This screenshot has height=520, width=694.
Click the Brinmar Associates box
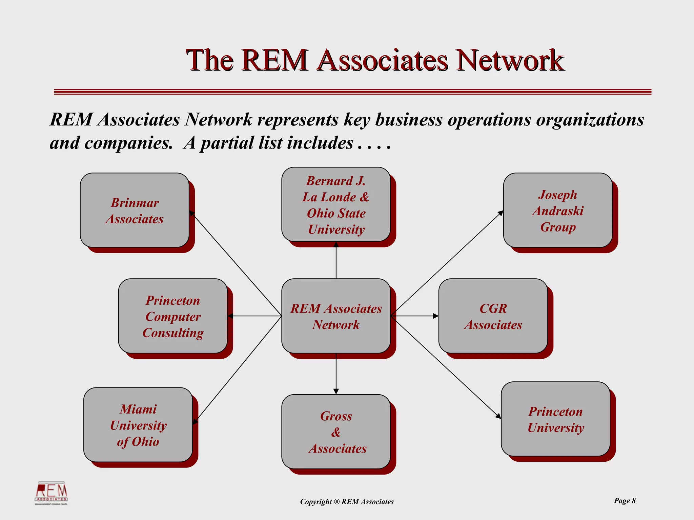[135, 210]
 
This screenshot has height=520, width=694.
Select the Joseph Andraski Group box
[557, 210]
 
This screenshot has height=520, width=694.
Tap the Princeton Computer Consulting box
[173, 316]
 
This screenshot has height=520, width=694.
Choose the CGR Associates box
[493, 316]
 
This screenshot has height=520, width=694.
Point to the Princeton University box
[555, 419]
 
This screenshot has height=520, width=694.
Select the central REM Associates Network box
[336, 316]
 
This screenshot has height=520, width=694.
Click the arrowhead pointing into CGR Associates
[436, 316]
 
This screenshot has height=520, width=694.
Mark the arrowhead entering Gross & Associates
[336, 392]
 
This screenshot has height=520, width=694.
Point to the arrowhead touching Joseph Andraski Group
[501, 213]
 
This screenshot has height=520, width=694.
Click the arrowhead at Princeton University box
[498, 416]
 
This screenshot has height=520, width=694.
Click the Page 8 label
[625, 501]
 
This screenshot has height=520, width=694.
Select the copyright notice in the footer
[347, 502]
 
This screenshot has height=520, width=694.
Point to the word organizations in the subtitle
[590, 120]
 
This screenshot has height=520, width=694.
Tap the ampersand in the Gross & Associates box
[336, 432]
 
